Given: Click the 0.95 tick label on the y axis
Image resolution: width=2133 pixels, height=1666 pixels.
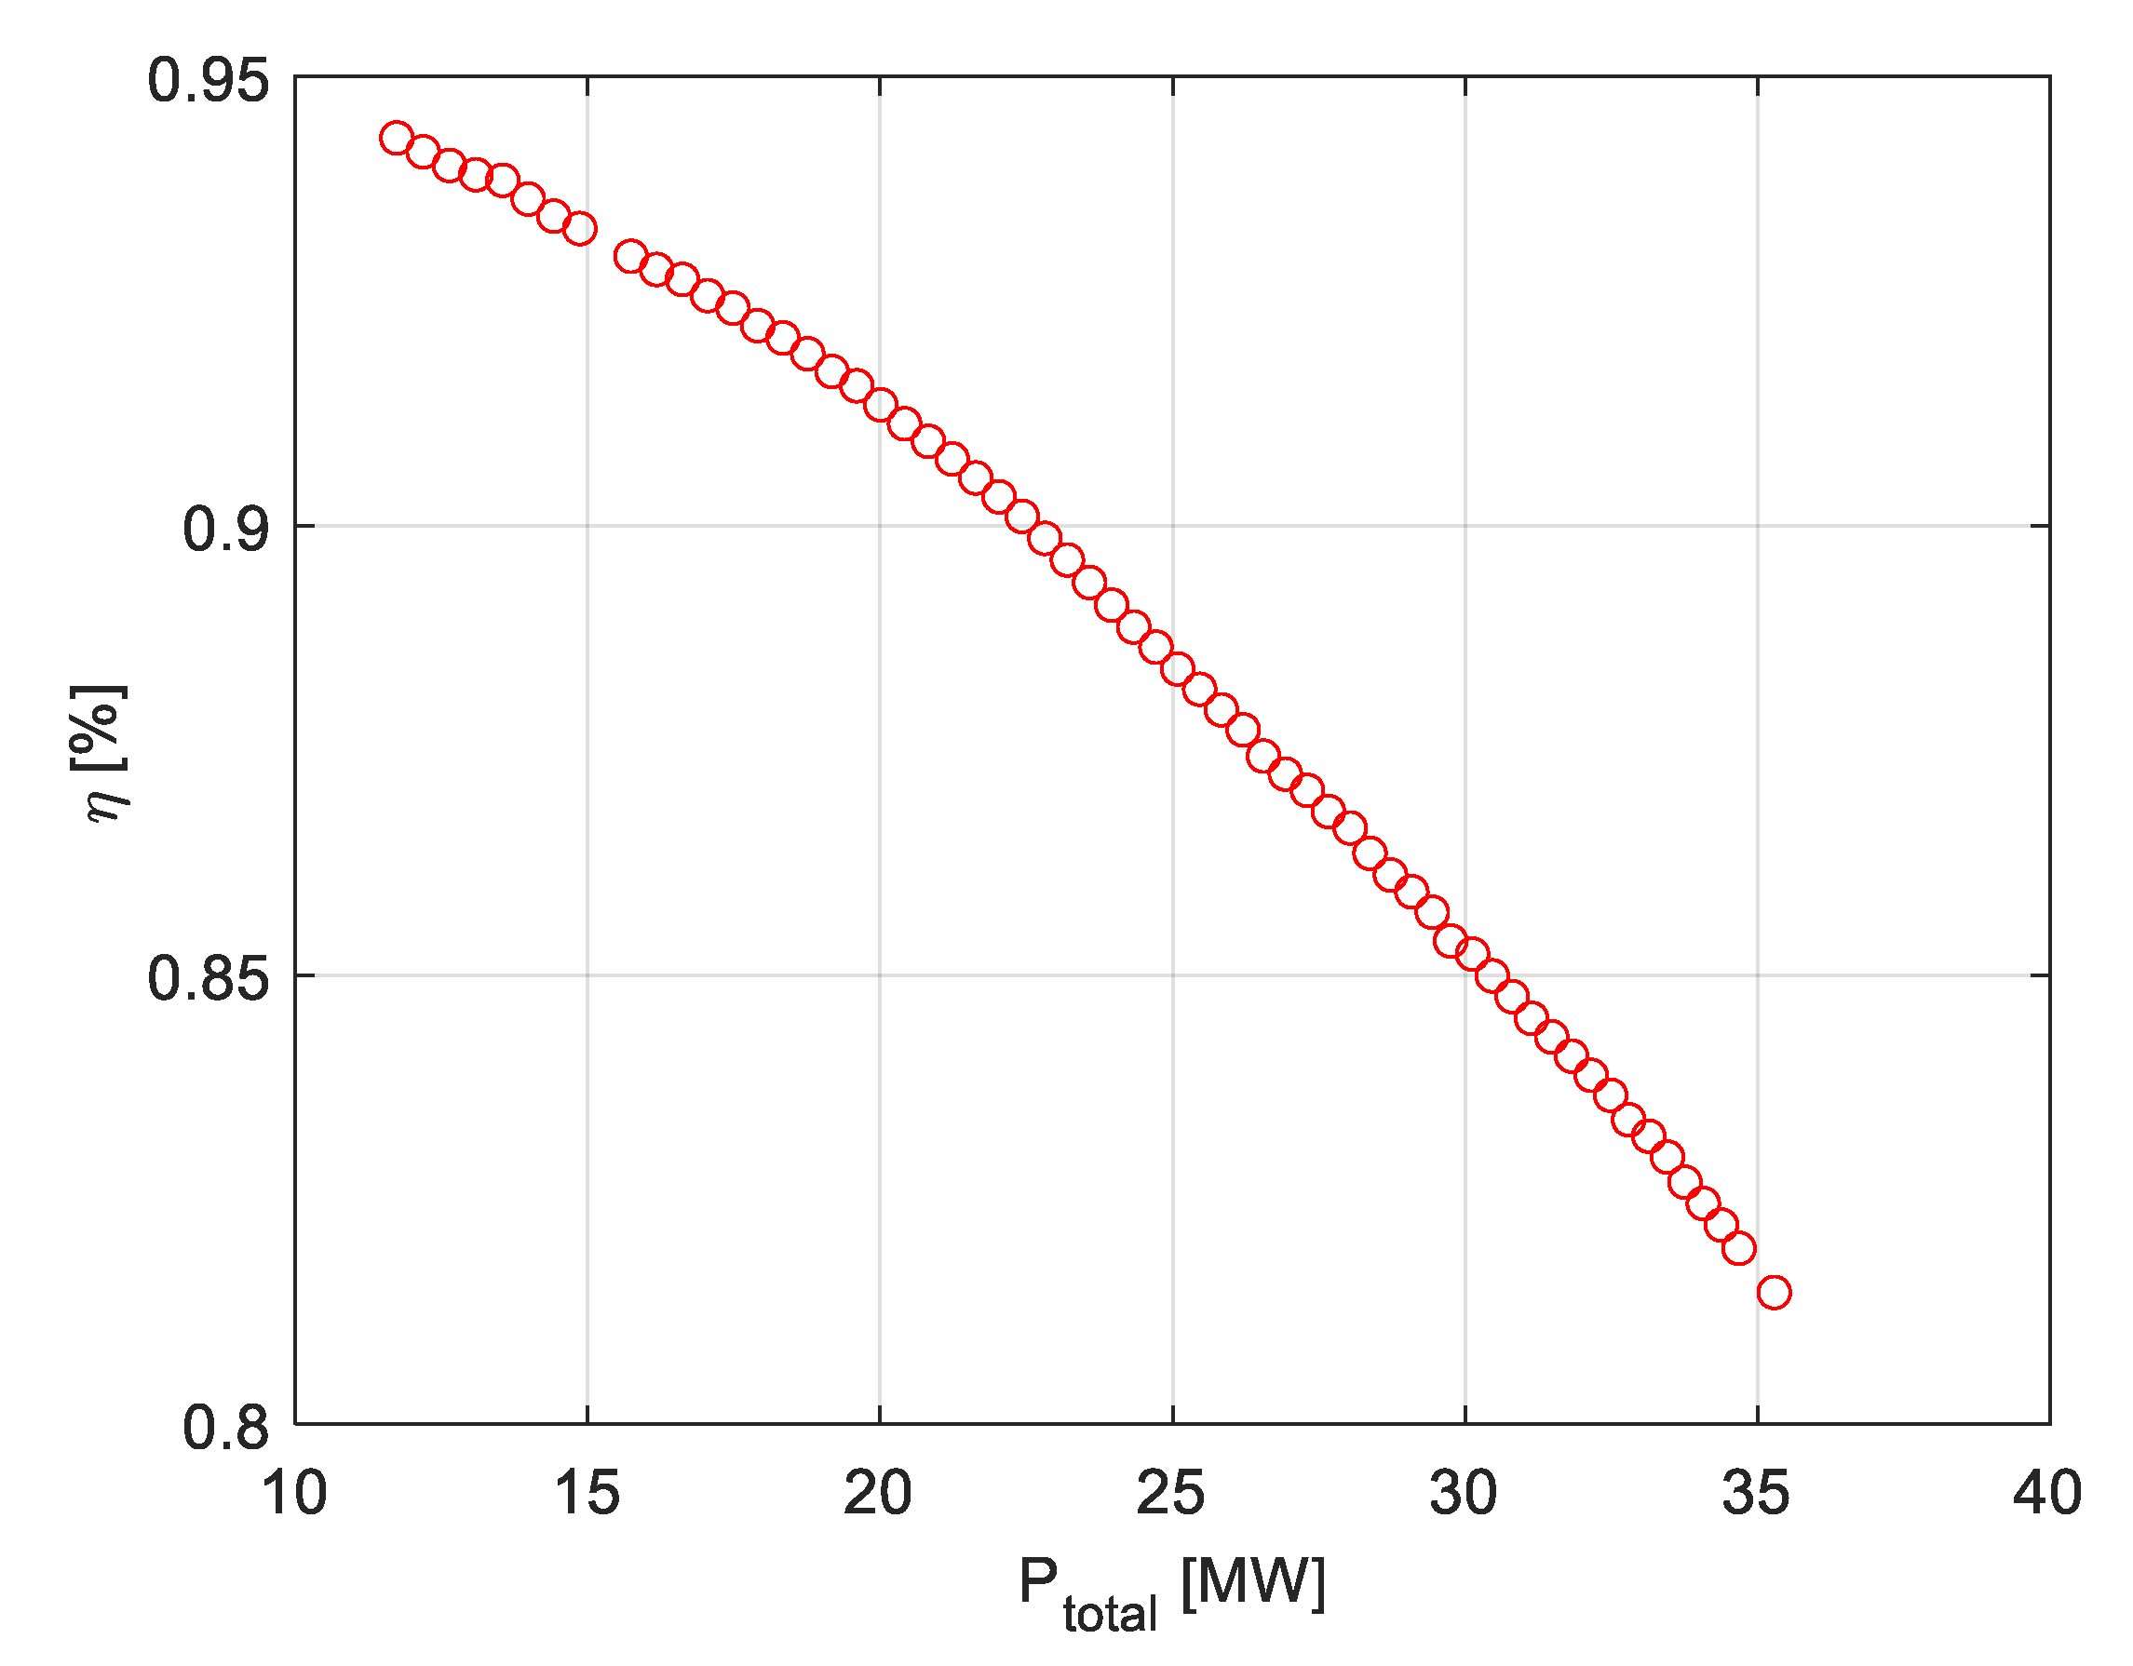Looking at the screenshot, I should coord(207,79).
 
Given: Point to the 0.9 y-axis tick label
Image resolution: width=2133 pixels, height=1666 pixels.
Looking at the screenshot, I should coord(225,530).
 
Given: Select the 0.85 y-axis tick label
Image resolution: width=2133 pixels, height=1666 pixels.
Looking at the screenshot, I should coord(207,978).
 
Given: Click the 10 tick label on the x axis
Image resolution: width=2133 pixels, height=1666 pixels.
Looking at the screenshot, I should coord(294,1494).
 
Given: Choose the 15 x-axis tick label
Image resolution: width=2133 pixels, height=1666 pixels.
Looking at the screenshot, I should coord(586,1494).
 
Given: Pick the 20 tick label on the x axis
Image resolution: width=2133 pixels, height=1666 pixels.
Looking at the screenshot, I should coord(878,1494).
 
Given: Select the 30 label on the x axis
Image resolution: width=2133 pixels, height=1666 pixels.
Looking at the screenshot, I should coord(1463,1494).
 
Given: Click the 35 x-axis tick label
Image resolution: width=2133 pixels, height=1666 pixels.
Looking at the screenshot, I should coord(1755,1494).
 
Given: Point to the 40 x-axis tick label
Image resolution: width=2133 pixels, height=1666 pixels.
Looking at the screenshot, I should coord(2047,1494).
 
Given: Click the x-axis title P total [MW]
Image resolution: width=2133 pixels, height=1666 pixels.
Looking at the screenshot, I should coord(1171,1587).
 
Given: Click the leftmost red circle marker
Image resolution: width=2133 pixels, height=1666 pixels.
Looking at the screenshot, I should coord(396,138).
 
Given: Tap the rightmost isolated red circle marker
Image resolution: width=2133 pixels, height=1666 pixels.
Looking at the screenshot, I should coord(1774,1293).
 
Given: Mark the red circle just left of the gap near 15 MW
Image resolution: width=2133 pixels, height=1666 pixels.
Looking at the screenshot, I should coord(580,230).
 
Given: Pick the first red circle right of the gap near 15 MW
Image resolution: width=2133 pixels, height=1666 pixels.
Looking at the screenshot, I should coord(631,257).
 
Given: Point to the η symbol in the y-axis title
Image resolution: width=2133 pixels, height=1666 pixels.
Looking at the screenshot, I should coord(105,801).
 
